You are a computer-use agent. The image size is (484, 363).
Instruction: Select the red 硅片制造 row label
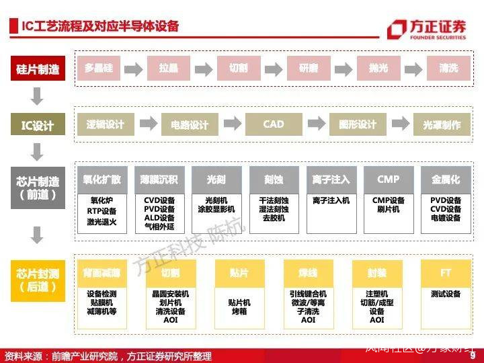tap(38, 69)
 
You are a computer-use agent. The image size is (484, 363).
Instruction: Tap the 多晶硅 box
tap(99, 68)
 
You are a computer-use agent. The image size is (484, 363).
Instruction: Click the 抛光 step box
tap(378, 68)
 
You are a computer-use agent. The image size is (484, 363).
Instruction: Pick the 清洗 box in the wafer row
tap(448, 68)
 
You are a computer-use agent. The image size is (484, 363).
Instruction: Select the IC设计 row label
tap(38, 125)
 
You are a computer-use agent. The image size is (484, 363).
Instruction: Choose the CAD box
tap(274, 124)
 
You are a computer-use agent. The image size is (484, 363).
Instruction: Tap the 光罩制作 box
tap(442, 125)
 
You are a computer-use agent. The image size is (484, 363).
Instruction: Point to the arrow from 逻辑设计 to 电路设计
tap(148, 124)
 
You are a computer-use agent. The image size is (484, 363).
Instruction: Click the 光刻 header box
tap(216, 179)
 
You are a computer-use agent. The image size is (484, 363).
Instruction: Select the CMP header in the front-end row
tap(388, 179)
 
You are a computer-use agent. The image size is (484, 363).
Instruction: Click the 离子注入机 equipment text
tap(331, 200)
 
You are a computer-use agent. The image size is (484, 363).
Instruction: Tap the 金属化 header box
tap(446, 179)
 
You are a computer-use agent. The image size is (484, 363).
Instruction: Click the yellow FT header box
tap(446, 273)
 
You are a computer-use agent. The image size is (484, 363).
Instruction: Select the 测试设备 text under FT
tap(446, 294)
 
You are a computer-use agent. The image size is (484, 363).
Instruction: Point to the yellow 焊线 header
tap(308, 273)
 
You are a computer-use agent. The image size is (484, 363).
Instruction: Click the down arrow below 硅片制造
tap(38, 97)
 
